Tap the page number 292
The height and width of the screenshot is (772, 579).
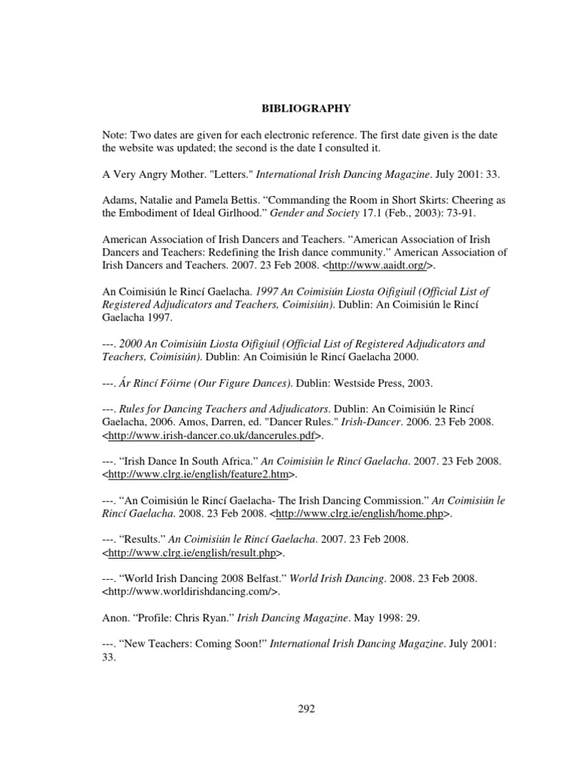pyautogui.click(x=306, y=709)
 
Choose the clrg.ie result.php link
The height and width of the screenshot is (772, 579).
pyautogui.click(x=193, y=553)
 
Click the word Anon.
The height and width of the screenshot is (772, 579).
pyautogui.click(x=116, y=618)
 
